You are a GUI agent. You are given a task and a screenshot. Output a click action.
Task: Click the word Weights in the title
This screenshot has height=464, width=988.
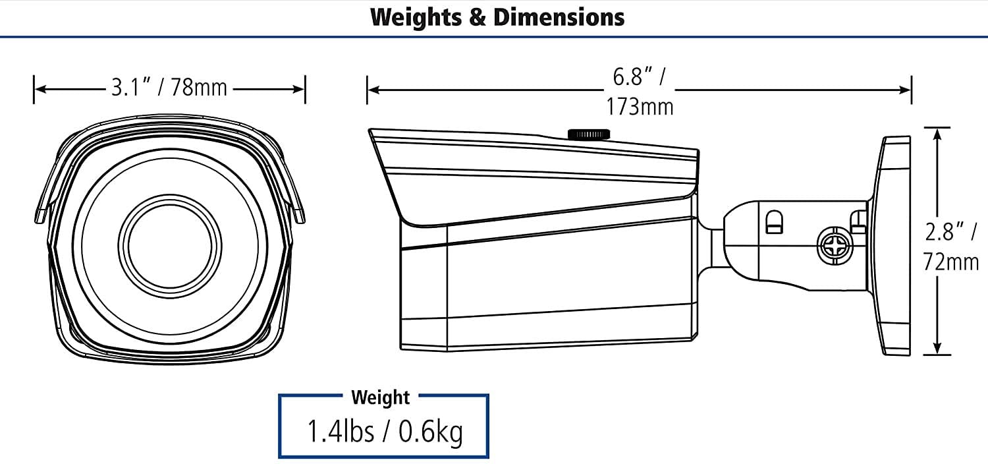(x=416, y=18)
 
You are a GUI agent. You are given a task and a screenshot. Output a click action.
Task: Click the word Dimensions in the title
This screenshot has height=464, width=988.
(x=559, y=17)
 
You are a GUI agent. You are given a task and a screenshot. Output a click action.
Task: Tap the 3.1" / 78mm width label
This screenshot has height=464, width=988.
(x=169, y=88)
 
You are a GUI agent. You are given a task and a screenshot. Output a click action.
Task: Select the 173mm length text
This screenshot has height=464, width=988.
(x=640, y=107)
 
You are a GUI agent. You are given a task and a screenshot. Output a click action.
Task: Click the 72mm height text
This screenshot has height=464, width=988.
(x=950, y=262)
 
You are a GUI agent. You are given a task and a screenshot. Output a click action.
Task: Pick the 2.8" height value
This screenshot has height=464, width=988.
(x=945, y=232)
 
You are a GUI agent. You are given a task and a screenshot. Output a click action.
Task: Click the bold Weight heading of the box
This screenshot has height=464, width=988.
(x=380, y=397)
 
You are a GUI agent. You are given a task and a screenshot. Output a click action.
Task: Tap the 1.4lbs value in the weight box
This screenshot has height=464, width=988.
(x=341, y=431)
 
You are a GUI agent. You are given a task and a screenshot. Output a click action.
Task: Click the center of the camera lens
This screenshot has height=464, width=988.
(x=170, y=246)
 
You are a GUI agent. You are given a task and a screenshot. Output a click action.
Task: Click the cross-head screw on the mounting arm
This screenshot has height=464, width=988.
(x=835, y=246)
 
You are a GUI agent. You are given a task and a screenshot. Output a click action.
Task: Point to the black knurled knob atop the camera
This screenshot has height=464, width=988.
(x=589, y=134)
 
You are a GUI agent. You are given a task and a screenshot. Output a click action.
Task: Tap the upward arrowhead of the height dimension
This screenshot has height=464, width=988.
(x=937, y=134)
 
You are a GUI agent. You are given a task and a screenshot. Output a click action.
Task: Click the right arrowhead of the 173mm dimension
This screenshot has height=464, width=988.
(x=904, y=90)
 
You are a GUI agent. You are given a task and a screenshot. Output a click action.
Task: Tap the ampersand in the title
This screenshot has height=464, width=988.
(x=478, y=18)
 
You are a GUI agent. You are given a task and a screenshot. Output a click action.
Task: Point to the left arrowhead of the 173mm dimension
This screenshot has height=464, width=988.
(x=374, y=90)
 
